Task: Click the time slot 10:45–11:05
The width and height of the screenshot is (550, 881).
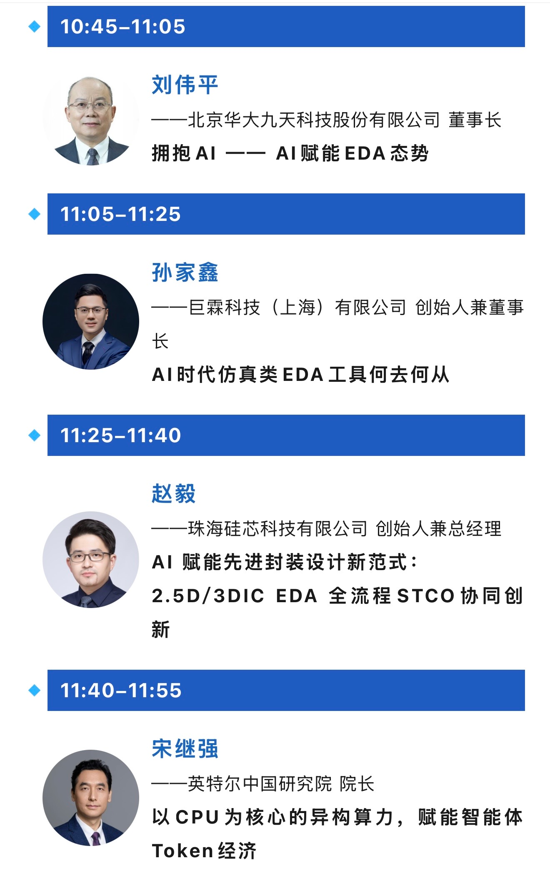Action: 122,27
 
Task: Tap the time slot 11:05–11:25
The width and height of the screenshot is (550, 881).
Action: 120,214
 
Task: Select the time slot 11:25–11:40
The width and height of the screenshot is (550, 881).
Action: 120,435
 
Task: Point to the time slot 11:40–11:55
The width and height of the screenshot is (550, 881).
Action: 121,691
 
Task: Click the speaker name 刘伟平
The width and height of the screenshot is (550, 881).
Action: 185,85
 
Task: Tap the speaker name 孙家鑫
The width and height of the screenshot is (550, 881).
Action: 185,273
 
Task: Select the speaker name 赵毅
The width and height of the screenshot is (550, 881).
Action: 174,494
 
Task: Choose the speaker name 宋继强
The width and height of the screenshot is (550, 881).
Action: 185,749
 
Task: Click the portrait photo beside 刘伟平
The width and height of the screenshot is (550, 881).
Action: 91,121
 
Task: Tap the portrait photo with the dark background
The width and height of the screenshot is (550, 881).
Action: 91,321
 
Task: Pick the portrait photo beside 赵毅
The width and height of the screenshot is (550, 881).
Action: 91,560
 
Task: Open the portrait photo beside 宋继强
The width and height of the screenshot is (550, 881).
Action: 91,798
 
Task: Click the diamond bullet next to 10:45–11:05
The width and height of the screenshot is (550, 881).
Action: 34,27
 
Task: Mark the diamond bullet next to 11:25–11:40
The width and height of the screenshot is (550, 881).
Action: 34,435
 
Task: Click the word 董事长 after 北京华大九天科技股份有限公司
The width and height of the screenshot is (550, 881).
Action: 475,120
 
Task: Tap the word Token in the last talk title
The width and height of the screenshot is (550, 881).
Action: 182,851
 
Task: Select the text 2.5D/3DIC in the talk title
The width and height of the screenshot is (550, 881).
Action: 208,596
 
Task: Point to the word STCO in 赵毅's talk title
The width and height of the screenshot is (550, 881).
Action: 425,596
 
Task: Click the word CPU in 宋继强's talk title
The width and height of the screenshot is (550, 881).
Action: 197,817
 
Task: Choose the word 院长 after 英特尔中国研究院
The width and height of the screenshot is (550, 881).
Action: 357,784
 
